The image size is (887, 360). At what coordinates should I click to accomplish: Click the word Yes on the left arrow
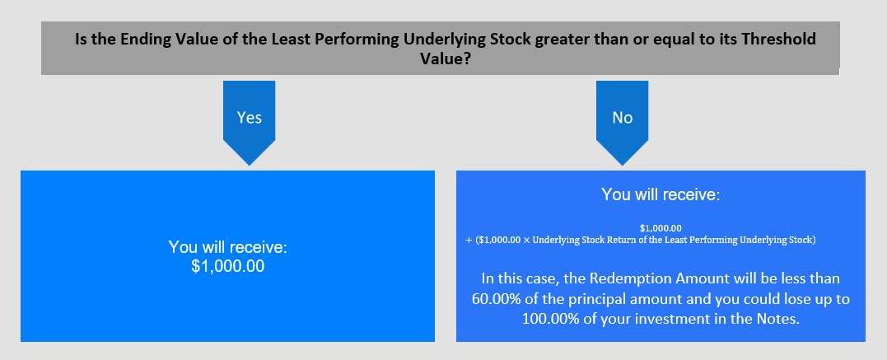[249, 118]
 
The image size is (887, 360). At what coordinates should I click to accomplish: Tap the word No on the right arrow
[623, 118]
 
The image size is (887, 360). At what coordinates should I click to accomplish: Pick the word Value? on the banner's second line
[446, 58]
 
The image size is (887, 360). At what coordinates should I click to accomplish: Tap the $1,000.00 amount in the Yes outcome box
[227, 266]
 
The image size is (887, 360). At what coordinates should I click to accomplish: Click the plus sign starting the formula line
[469, 240]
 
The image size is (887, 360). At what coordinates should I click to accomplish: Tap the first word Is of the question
[81, 40]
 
